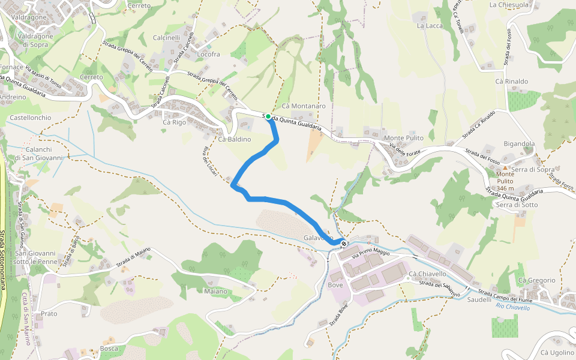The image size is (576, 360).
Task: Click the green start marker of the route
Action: [x=268, y=117]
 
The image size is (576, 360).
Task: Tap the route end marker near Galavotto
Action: [x=344, y=244]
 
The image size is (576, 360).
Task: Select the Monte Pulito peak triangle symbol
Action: [x=505, y=168]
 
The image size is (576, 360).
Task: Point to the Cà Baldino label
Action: [x=235, y=139]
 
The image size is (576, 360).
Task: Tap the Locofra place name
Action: [x=209, y=54]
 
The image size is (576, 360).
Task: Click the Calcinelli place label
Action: [x=167, y=37]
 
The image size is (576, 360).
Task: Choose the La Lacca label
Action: [x=429, y=26]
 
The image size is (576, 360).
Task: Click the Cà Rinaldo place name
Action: [x=512, y=81]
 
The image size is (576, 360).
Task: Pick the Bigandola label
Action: [x=519, y=144]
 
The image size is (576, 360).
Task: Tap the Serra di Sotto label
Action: [x=517, y=205]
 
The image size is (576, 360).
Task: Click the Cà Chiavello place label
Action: [x=427, y=274]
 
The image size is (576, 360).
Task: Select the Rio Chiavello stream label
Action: [x=513, y=307]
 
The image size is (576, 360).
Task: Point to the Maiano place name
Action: [x=215, y=292]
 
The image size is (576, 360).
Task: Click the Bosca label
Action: [x=109, y=348]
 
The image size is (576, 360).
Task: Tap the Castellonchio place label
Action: [x=31, y=118]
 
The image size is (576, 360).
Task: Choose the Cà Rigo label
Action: [x=175, y=122]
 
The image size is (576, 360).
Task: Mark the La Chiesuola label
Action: [x=509, y=5]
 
